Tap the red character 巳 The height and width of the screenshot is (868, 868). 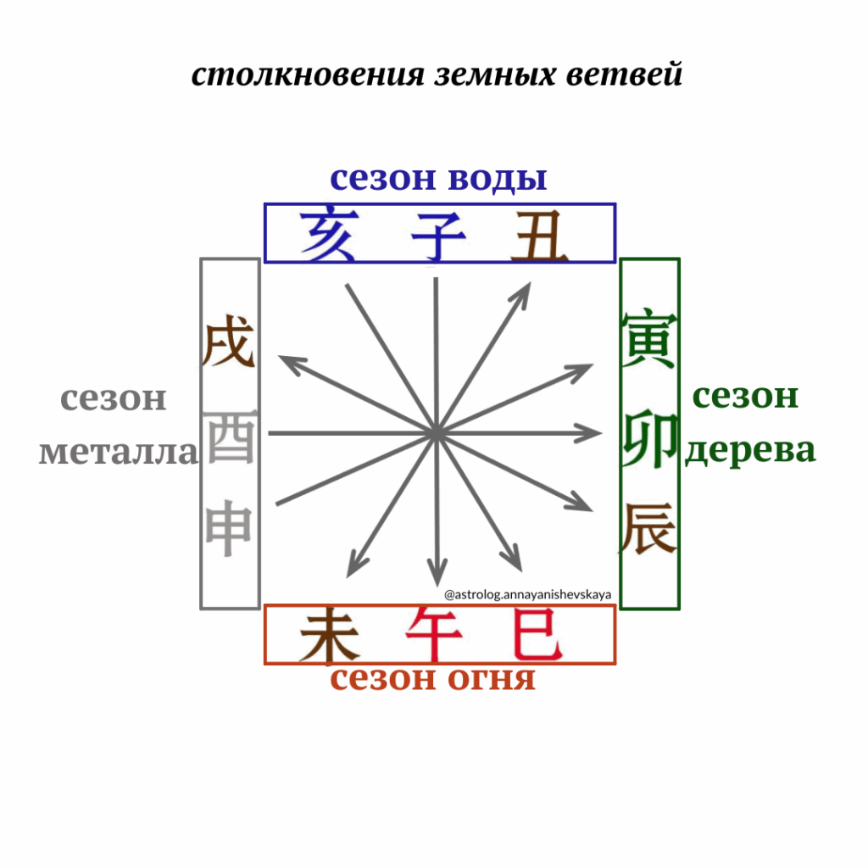pos(537,633)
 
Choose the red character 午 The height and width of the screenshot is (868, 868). pos(435,634)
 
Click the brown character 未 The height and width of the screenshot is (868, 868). pos(330,634)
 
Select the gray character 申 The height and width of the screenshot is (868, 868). pos(229,528)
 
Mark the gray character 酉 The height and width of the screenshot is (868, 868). pos(230,437)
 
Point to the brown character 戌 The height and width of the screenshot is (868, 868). pos(229,341)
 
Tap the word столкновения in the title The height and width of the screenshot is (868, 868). pos(308,75)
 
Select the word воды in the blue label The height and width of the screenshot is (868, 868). pos(498,178)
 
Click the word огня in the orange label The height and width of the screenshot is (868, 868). pos(491,678)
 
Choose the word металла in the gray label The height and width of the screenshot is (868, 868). pos(119,452)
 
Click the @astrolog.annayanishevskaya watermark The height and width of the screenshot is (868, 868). pos(527,594)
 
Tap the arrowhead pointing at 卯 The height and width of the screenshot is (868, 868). pos(590,433)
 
